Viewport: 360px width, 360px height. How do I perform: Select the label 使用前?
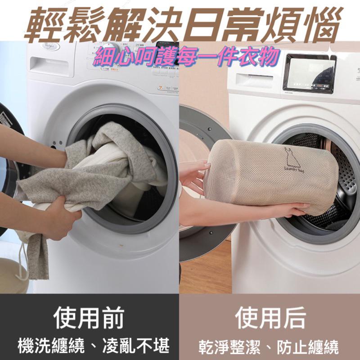[x=89, y=318]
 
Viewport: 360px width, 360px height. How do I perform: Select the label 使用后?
[x=270, y=318]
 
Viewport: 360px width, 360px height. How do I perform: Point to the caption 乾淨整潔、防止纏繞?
[x=269, y=347]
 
